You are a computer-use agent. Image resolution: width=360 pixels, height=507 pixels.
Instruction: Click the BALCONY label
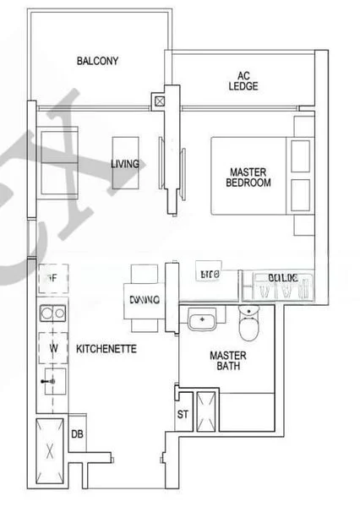tap(97, 61)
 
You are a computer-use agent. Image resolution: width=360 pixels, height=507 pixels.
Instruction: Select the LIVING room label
tap(125, 164)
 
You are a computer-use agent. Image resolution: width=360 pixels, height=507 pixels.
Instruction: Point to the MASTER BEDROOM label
tap(250, 177)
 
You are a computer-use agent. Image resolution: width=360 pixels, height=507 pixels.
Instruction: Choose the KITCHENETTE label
tap(107, 348)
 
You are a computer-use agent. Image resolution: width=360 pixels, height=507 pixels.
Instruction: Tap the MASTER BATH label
tap(228, 362)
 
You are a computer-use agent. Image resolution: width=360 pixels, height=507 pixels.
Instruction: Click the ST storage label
tap(183, 414)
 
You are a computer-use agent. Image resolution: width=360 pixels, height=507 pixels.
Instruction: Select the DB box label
tap(77, 434)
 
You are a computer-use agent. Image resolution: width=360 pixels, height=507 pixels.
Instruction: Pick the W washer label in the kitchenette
tap(52, 347)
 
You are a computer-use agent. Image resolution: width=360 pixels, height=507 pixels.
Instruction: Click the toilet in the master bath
tap(250, 323)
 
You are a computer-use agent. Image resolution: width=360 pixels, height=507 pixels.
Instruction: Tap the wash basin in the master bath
tap(203, 321)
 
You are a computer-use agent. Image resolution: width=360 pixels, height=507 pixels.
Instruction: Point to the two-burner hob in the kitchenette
tap(52, 314)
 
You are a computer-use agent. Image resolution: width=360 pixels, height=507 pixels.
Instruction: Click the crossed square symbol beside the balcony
tap(160, 102)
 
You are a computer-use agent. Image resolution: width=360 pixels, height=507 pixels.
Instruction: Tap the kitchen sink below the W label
tap(52, 381)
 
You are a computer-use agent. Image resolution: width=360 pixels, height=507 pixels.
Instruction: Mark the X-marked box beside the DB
tap(51, 450)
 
